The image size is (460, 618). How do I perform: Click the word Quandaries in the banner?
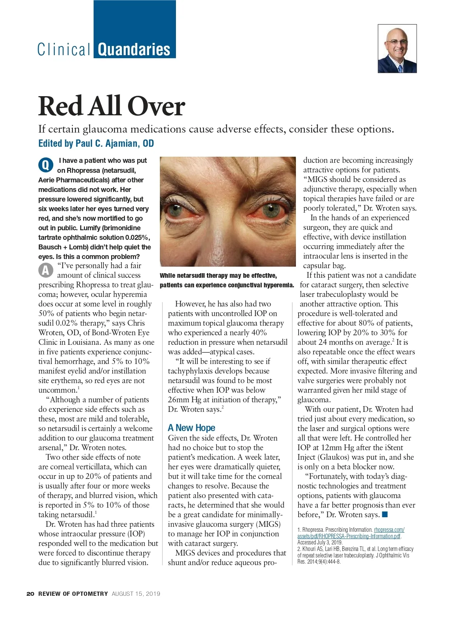pos(134,50)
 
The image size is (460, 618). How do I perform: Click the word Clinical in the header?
pos(64,50)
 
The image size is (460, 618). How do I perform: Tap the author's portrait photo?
pos(397,49)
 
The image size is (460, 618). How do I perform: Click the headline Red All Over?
pos(112,106)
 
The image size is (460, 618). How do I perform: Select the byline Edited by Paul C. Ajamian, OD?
pos(96,143)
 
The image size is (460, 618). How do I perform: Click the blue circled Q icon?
pos(46,165)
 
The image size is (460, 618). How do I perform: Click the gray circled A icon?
pos(46,270)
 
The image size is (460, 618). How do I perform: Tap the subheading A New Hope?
pos(191,428)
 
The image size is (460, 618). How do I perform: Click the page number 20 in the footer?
pos(30,594)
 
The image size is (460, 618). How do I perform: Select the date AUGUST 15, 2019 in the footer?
pos(136,594)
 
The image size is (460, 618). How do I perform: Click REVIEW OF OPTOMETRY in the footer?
pos(73,594)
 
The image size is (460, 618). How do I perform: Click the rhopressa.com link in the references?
pos(389,530)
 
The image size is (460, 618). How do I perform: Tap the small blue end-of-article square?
pos(385,515)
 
